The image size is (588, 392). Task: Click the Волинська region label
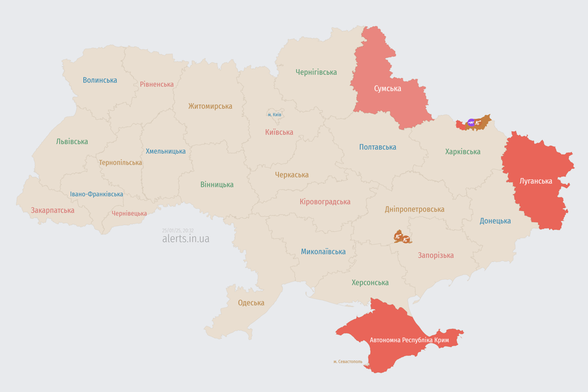[x=100, y=80]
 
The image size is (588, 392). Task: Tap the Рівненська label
[x=157, y=84]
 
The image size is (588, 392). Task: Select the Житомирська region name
[x=210, y=106]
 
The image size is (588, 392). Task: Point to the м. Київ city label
[x=274, y=115]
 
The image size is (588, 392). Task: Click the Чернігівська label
[x=316, y=72]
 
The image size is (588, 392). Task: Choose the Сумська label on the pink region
[x=387, y=89]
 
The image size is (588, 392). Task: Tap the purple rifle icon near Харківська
[x=471, y=122]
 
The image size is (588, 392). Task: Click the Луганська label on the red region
[x=535, y=181]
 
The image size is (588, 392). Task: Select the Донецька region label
[x=495, y=221]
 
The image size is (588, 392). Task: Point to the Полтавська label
[x=377, y=147]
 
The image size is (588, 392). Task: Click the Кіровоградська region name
[x=325, y=202]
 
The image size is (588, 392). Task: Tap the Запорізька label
[x=435, y=255]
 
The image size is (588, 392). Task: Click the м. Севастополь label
[x=348, y=362]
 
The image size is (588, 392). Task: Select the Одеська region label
[x=251, y=303]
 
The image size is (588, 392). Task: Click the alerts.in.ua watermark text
[x=185, y=238]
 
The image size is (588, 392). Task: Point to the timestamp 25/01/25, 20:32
[x=178, y=231]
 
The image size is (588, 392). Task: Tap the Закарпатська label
[x=53, y=210]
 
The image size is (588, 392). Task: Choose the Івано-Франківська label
[x=96, y=194]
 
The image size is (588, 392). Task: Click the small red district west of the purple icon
[x=461, y=124]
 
